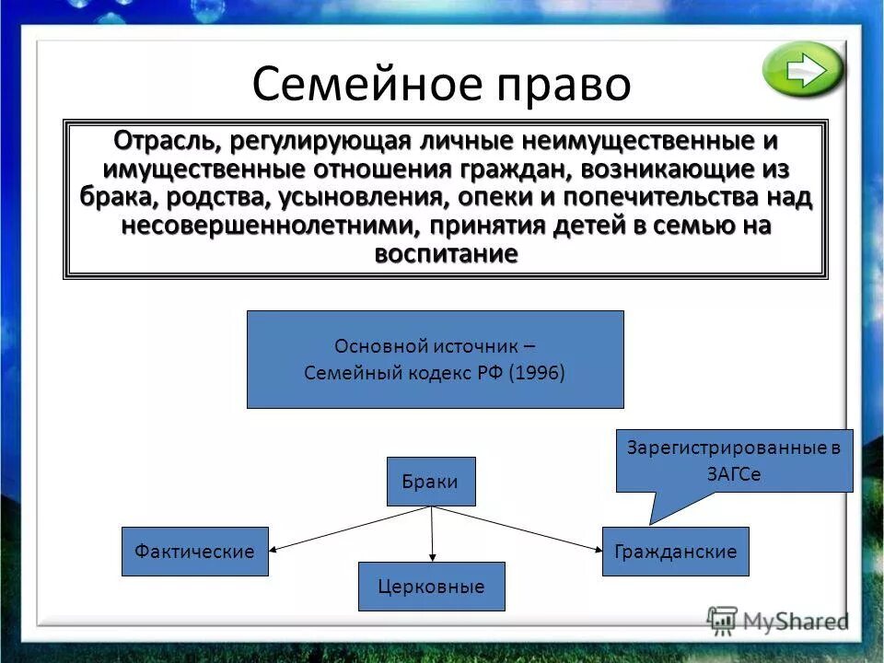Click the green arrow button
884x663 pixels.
click(803, 70)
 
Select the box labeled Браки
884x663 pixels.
click(430, 482)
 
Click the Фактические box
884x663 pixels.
click(194, 552)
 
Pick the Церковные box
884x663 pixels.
click(431, 587)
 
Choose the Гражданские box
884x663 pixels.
click(675, 552)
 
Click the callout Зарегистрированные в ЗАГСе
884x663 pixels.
click(734, 461)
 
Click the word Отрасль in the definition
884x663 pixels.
click(163, 143)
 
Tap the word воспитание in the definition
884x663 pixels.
click(446, 253)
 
